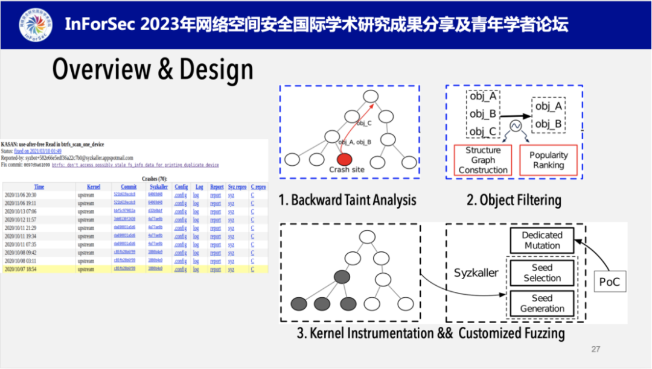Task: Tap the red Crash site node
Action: (344, 160)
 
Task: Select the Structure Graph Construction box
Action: (482, 160)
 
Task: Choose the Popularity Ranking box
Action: (548, 160)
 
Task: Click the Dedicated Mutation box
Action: (542, 240)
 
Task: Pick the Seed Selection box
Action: (542, 273)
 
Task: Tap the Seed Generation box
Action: (542, 303)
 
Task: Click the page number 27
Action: (596, 349)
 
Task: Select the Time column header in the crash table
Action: (39, 187)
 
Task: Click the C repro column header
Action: (258, 187)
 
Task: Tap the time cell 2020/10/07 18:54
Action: (21, 270)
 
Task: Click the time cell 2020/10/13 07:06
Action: (21, 212)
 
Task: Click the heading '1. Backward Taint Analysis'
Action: (347, 200)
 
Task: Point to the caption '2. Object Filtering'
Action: (514, 200)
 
